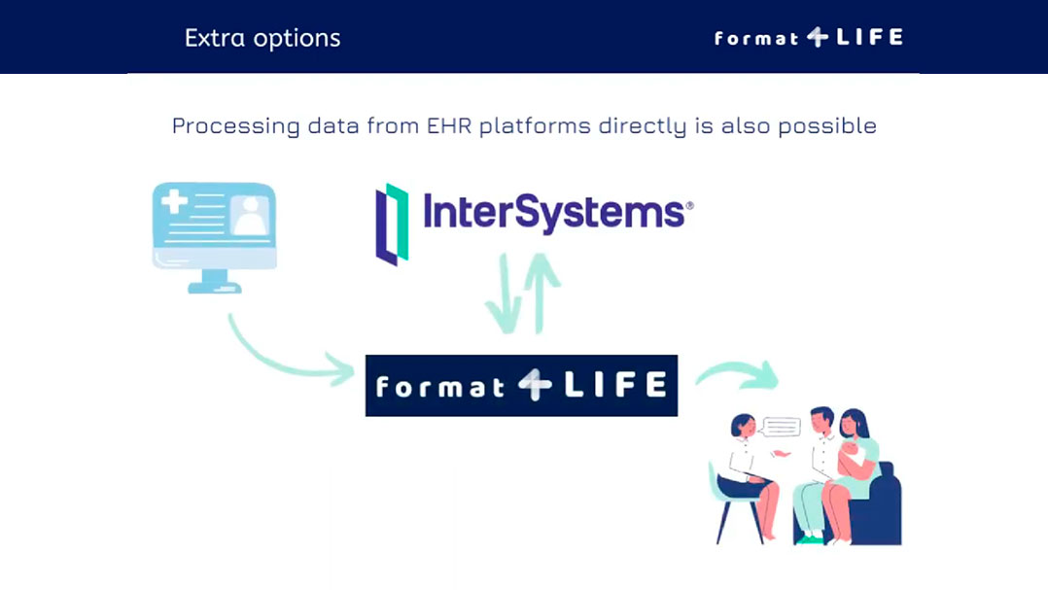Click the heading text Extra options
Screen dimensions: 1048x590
point(262,38)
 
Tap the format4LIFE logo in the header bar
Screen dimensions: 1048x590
point(809,37)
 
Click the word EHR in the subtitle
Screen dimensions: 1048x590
point(449,125)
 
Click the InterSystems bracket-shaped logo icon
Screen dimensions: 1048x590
point(393,225)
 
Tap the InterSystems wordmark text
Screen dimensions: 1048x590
point(553,213)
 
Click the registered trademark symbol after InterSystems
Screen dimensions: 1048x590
point(690,206)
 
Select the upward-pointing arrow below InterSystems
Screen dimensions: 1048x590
point(541,293)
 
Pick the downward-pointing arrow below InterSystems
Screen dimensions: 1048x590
point(506,294)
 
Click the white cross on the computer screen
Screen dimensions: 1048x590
point(174,201)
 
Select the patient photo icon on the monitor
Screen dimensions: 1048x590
point(250,215)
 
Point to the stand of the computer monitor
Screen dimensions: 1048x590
point(215,281)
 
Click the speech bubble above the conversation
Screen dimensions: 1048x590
point(782,427)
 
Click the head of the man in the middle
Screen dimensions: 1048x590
point(822,421)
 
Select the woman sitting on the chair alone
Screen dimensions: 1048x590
point(747,475)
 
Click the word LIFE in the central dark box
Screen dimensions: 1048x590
point(614,385)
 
